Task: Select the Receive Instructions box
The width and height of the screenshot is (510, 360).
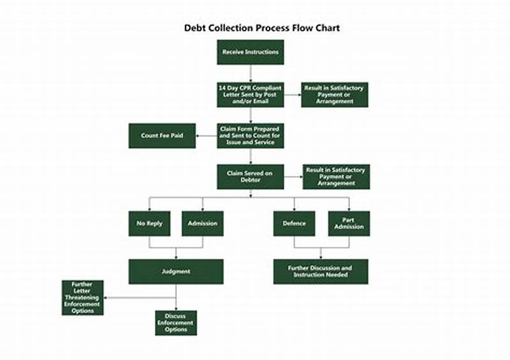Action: click(x=250, y=52)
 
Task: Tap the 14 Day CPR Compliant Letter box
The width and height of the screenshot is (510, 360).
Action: click(x=250, y=94)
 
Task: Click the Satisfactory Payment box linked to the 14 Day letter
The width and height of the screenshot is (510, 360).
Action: click(x=335, y=94)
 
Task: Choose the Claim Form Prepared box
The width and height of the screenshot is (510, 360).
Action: click(x=250, y=136)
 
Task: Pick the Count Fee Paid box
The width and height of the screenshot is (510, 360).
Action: click(x=162, y=136)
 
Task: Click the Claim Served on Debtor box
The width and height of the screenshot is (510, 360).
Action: click(x=250, y=176)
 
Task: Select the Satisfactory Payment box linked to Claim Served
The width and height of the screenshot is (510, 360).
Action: click(x=336, y=176)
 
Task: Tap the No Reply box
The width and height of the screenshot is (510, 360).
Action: click(x=149, y=224)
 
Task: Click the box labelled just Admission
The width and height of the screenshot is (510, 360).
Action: click(x=203, y=224)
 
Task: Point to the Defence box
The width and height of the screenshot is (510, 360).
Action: click(x=294, y=224)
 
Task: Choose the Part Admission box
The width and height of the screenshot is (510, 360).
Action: click(x=349, y=224)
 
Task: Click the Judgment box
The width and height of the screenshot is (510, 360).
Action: click(x=176, y=271)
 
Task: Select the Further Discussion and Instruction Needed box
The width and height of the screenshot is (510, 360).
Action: click(x=321, y=271)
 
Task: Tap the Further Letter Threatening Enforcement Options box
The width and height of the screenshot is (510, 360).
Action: click(x=82, y=298)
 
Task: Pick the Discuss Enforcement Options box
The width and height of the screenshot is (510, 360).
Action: click(x=176, y=323)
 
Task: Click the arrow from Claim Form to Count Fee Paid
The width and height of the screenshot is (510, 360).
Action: click(x=206, y=136)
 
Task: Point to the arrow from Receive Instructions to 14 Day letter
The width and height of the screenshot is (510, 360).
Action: click(x=250, y=73)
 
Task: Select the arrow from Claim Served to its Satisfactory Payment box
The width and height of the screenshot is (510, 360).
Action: click(x=293, y=176)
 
